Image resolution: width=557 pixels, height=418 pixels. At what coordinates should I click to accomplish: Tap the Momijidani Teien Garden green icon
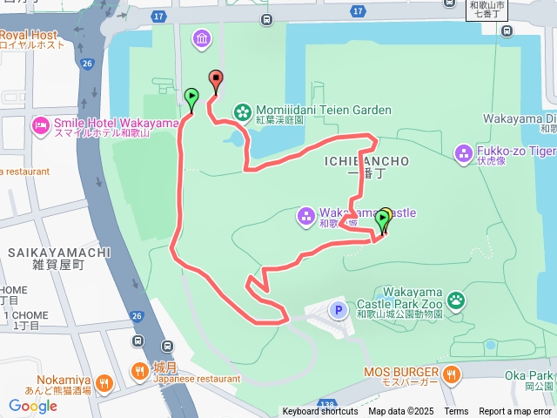tap(243, 111)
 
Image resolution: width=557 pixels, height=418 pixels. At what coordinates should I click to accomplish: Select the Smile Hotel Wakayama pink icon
tap(41, 127)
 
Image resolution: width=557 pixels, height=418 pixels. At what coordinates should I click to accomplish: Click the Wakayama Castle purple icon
tap(305, 214)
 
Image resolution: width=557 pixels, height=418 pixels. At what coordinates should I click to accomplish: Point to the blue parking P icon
tap(338, 309)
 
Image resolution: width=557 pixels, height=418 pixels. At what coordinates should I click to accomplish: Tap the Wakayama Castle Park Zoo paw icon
tap(456, 302)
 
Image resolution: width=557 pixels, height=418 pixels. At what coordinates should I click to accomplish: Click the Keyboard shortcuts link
tap(319, 411)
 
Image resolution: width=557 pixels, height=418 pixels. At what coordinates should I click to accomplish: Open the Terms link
tap(456, 411)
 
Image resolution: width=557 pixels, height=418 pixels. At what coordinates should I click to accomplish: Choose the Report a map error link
tap(516, 411)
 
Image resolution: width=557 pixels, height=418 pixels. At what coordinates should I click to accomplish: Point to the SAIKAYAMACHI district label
tap(59, 253)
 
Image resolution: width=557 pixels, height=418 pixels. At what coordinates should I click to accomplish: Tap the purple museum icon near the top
tap(203, 39)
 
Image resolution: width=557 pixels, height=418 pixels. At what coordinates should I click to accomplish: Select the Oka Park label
tap(534, 374)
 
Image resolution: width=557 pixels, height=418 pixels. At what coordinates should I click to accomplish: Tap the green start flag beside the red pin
tap(191, 96)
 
